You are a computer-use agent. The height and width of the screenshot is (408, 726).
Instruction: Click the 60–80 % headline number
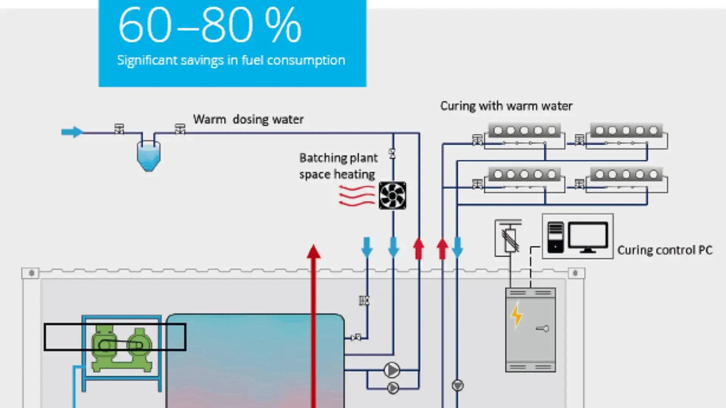click(209, 26)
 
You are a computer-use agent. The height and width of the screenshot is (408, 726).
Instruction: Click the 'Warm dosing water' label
click(248, 119)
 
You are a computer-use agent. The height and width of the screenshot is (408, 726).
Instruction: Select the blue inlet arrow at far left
click(72, 132)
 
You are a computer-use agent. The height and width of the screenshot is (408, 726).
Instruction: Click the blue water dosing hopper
click(148, 156)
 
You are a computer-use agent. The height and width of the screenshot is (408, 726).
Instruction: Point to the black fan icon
click(392, 195)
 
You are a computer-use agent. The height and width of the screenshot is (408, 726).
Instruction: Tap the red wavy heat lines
click(356, 195)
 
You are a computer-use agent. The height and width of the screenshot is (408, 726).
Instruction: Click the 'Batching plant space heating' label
click(338, 166)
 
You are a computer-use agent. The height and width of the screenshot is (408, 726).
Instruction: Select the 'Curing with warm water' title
click(506, 106)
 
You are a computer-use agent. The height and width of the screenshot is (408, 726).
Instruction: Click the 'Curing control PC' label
click(665, 250)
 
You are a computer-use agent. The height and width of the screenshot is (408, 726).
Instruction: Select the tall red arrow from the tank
click(313, 325)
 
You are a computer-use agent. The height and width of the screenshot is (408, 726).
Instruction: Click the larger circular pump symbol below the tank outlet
click(392, 370)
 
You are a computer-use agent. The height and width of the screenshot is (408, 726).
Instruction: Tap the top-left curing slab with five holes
click(524, 131)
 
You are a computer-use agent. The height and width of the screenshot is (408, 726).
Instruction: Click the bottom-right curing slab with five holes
click(626, 175)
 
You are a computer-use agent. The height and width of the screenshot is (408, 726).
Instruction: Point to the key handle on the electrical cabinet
click(542, 329)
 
